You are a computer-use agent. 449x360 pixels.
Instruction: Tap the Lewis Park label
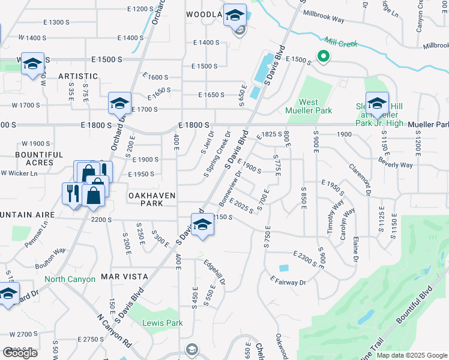(x=162, y=323)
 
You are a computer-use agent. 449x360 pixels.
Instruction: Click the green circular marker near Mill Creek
(x=323, y=57)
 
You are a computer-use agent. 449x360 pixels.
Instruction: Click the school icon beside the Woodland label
(x=235, y=15)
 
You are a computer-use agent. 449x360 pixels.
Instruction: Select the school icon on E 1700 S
(x=119, y=104)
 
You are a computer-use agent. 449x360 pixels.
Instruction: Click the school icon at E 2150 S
(x=203, y=225)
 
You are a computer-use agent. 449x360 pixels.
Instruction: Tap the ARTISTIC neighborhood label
(x=78, y=76)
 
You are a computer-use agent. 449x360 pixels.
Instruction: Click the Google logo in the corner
(x=20, y=353)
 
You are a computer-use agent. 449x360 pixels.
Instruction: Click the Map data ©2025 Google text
(x=412, y=355)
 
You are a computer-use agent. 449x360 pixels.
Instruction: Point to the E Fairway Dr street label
(x=288, y=281)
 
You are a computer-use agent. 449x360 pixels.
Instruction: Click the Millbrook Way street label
(x=324, y=16)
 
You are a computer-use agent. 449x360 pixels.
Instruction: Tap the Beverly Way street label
(x=395, y=163)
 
